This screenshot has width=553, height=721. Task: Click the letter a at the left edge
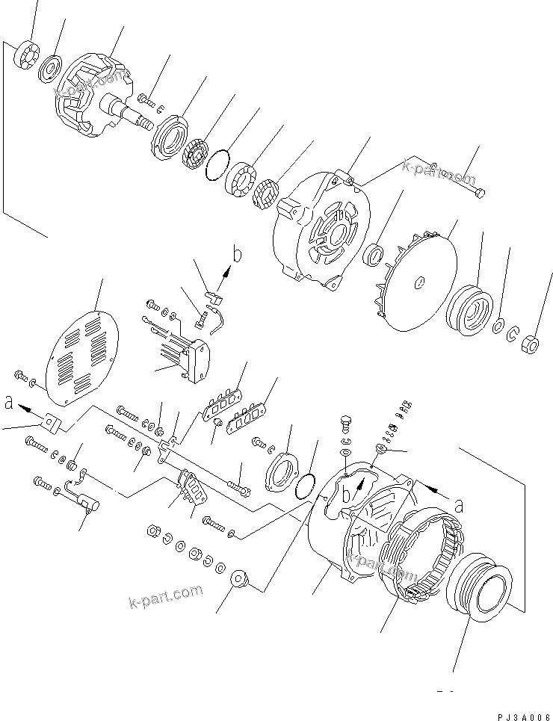click(8, 403)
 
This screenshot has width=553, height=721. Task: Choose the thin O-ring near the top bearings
click(217, 164)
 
